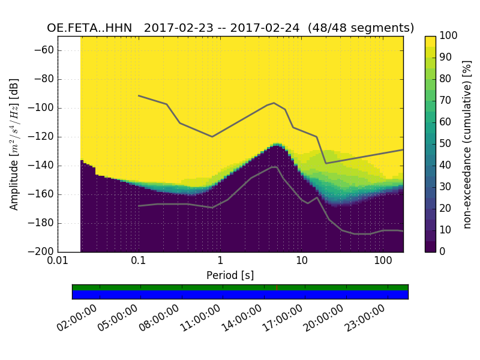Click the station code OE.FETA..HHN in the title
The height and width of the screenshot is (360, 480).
pos(91,28)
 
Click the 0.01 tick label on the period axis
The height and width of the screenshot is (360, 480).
pos(58,262)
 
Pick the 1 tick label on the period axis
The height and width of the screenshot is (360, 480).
pos(220,262)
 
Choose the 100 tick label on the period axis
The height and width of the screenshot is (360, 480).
pos(383,262)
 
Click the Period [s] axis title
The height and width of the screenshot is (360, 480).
pos(230,275)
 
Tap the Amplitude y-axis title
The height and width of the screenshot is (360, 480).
pos(14,144)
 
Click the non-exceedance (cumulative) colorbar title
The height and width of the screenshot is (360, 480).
pos(467,144)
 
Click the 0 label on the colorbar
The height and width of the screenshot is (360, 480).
pos(443,251)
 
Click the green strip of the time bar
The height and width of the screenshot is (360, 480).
pos(240,287)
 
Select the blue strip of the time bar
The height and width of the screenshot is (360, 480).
pos(240,295)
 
